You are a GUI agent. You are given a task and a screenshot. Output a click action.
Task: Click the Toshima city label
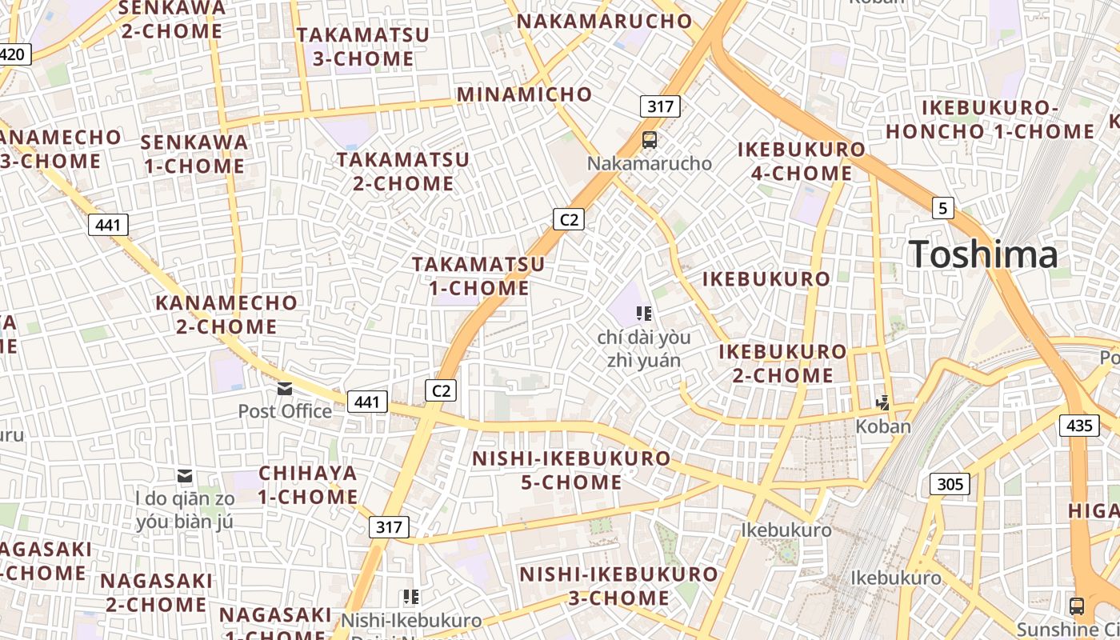click(x=983, y=254)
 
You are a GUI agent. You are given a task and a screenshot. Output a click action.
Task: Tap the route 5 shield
click(x=943, y=208)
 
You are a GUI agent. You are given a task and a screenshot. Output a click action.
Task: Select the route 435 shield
click(x=1079, y=426)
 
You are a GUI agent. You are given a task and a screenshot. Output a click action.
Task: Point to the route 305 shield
click(x=950, y=484)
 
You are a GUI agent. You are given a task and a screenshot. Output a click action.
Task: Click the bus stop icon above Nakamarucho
click(x=650, y=140)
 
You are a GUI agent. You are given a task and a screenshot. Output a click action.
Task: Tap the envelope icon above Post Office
click(x=285, y=389)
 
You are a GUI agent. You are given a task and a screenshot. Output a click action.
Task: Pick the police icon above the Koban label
click(x=883, y=403)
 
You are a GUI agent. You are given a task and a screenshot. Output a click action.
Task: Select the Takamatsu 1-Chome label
click(x=478, y=275)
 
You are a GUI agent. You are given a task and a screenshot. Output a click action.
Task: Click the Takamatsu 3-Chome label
click(x=363, y=46)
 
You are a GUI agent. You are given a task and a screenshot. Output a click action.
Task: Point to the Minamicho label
click(x=525, y=94)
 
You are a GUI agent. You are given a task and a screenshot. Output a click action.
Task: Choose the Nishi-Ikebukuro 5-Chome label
click(x=570, y=470)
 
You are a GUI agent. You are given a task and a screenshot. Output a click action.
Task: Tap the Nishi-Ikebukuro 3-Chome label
click(x=619, y=586)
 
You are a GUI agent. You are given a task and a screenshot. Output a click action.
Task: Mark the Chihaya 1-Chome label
click(x=308, y=484)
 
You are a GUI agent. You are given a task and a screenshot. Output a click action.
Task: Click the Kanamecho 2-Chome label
click(x=226, y=314)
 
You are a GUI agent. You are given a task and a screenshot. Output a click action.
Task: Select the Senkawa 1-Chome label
click(x=194, y=154)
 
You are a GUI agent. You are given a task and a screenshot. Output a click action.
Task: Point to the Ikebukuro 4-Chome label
click(x=801, y=161)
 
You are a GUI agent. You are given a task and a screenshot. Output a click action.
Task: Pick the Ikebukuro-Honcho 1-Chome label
click(x=990, y=119)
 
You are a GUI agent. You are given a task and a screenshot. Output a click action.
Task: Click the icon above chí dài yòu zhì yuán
click(x=644, y=313)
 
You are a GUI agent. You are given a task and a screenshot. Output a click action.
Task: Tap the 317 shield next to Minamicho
click(x=660, y=106)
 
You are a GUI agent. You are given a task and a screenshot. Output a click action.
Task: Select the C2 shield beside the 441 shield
click(x=440, y=390)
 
